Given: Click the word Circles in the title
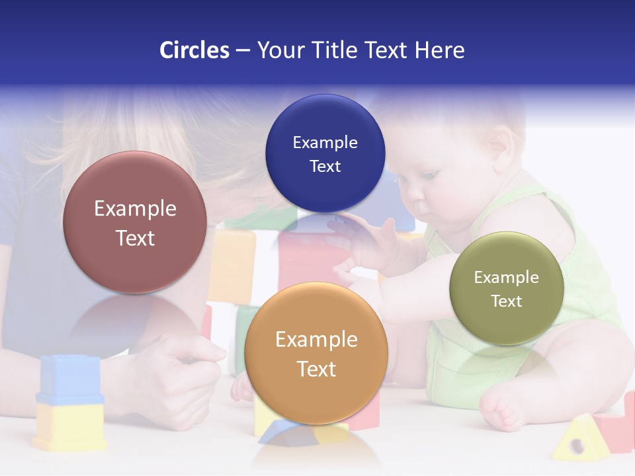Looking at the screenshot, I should (x=194, y=50).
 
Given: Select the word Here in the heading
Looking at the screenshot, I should (x=439, y=50).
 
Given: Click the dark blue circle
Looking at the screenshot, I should (x=325, y=153).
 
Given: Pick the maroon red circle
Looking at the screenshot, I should (x=135, y=222).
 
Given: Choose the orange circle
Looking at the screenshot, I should (x=316, y=353).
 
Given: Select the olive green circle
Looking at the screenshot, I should (x=507, y=288).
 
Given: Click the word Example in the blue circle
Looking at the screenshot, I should (x=325, y=142).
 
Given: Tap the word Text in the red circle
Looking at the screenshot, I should (x=135, y=238).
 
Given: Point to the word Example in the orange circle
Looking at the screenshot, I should (x=316, y=340).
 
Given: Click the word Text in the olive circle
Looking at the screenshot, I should (x=507, y=301).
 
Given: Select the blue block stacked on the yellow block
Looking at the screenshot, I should (x=69, y=379).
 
